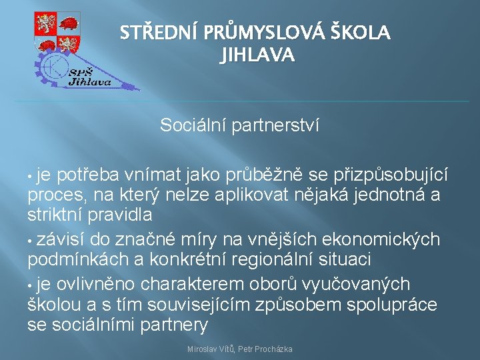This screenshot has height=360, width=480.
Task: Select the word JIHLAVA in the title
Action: pyautogui.click(x=256, y=56)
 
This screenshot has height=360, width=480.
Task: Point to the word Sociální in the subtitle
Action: pyautogui.click(x=193, y=125)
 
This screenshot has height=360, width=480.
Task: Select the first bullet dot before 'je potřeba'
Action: pyautogui.click(x=31, y=176)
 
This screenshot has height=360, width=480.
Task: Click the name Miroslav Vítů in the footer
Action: pyautogui.click(x=212, y=349)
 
